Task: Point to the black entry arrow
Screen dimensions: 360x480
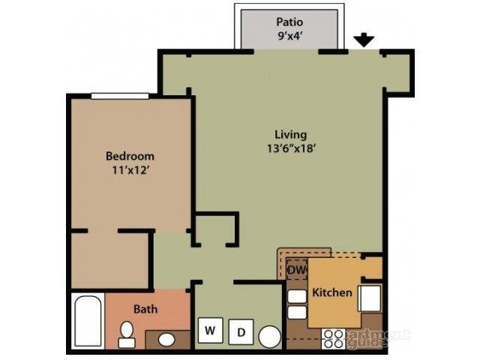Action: tap(364, 40)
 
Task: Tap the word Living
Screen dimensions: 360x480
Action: tap(290, 134)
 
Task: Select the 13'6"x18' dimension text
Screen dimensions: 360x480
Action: tap(290, 148)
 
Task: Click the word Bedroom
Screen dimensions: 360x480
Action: tap(130, 156)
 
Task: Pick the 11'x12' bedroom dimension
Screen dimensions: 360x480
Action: tap(130, 169)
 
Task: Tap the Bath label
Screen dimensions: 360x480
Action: tap(145, 308)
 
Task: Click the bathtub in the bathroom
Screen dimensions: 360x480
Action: tap(87, 321)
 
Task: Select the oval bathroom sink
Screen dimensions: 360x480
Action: tap(166, 340)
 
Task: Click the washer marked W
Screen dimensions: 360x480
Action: tap(210, 330)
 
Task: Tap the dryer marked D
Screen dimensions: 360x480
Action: tap(241, 331)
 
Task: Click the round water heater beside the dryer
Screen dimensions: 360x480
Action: tap(269, 336)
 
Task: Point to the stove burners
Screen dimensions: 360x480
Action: tap(334, 339)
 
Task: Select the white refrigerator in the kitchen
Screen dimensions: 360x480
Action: tap(370, 298)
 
